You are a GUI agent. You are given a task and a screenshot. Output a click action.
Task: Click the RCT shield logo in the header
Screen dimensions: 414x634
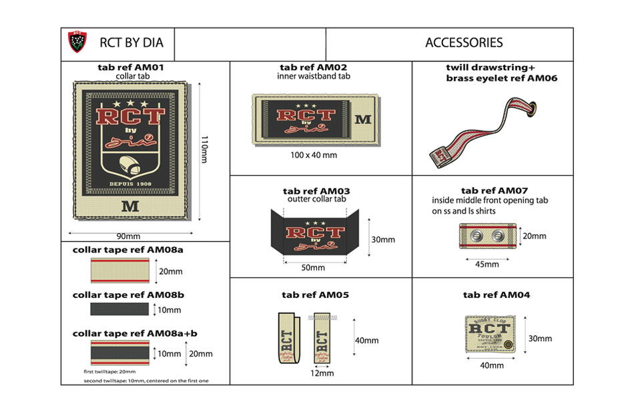[78, 43]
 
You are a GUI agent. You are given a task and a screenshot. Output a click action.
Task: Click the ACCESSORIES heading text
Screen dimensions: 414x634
[464, 43]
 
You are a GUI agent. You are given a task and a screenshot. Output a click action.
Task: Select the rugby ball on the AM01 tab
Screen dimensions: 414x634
[131, 164]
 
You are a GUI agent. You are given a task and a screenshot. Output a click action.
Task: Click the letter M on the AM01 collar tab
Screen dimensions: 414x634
[131, 206]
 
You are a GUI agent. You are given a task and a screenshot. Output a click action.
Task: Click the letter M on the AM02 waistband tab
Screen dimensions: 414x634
[363, 120]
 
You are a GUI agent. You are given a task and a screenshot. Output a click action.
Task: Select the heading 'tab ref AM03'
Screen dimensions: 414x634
[316, 192]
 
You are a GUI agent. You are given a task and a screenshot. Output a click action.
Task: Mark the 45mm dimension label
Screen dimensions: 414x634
[487, 264]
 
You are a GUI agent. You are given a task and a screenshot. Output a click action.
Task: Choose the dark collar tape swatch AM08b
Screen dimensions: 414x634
[119, 309]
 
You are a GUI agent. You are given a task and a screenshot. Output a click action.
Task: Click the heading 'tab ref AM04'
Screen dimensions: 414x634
[496, 294]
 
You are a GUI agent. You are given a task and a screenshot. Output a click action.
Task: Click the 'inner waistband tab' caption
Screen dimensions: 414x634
[313, 76]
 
